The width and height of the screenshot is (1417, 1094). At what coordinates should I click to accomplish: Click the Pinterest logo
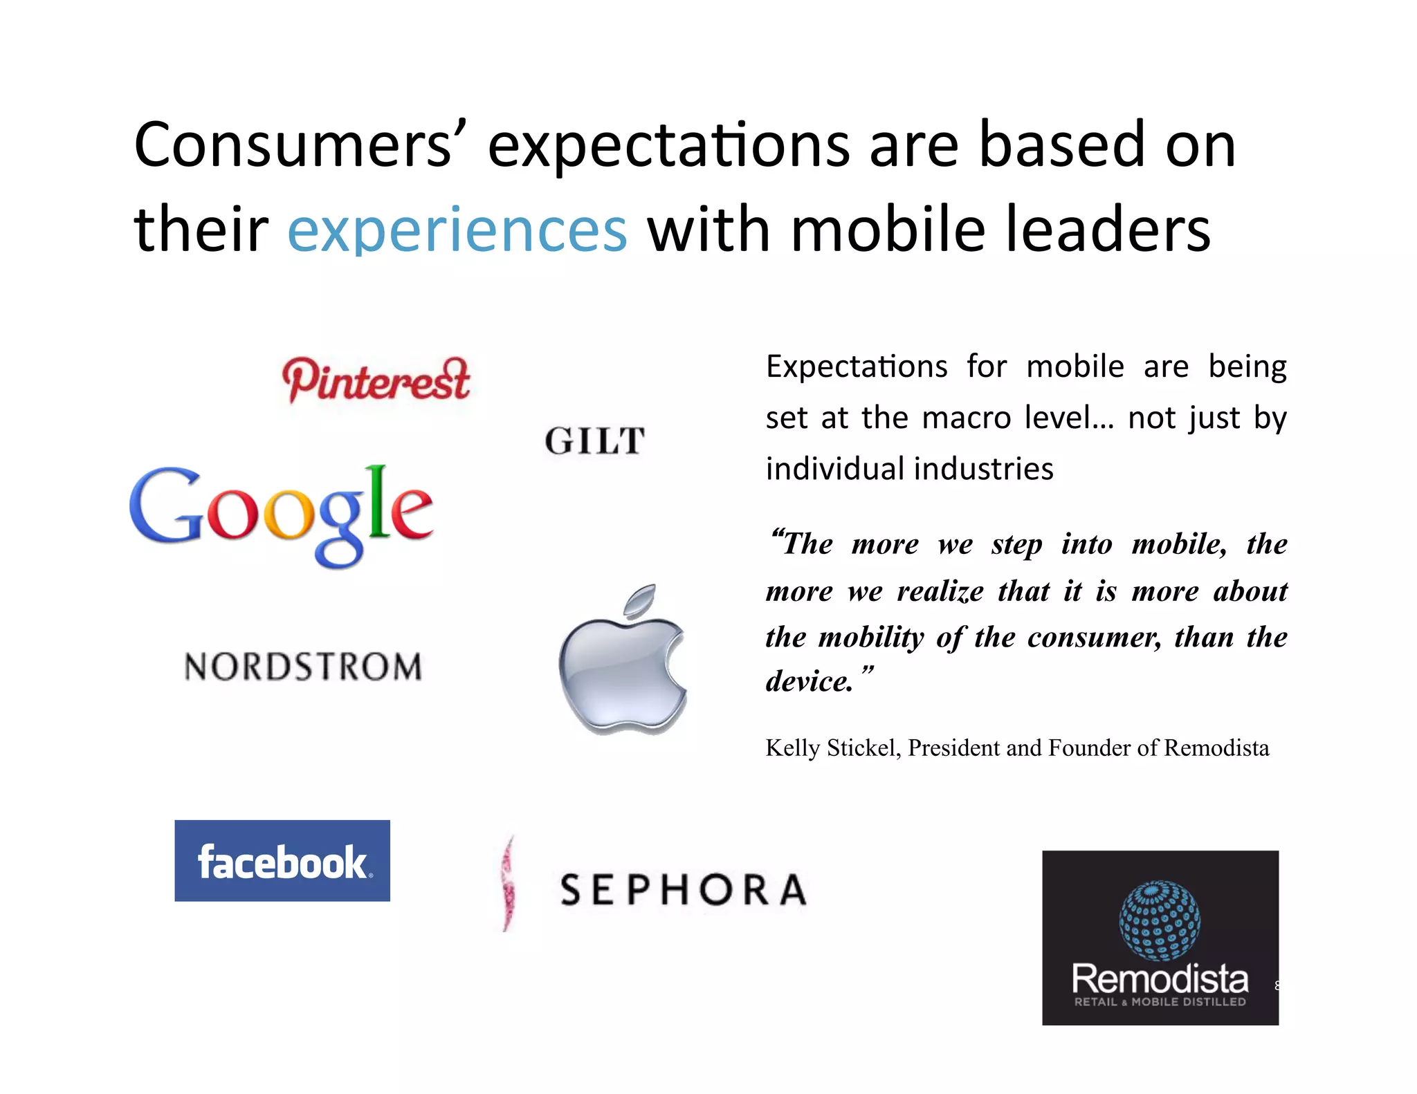pyautogui.click(x=376, y=380)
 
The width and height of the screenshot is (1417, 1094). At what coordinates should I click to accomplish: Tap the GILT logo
pyautogui.click(x=595, y=441)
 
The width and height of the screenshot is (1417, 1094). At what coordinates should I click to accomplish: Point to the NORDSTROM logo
pyautogui.click(x=303, y=667)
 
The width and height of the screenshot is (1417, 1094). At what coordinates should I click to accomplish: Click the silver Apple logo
pyautogui.click(x=623, y=667)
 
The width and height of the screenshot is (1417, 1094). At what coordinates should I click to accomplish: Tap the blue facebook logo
pyautogui.click(x=282, y=861)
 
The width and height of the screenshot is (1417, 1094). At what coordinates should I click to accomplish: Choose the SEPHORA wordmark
pyautogui.click(x=684, y=889)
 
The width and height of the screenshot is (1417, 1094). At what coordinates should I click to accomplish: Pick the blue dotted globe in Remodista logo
pyautogui.click(x=1160, y=920)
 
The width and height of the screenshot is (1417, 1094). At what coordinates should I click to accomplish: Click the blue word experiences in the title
pyautogui.click(x=457, y=230)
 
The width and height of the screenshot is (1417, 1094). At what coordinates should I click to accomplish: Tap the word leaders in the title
pyautogui.click(x=1107, y=230)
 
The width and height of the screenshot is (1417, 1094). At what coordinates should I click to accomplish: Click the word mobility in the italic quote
pyautogui.click(x=871, y=637)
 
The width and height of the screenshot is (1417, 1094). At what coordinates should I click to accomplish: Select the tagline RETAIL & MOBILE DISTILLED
pyautogui.click(x=1160, y=1002)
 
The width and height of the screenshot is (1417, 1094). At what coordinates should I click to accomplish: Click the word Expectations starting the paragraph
pyautogui.click(x=857, y=367)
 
